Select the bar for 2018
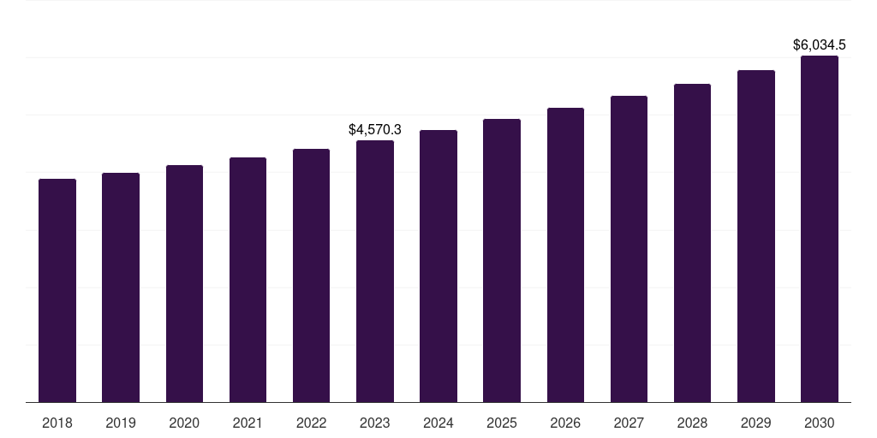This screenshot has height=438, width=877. click(57, 291)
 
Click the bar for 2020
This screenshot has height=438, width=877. click(184, 284)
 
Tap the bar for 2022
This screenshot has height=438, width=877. click(311, 275)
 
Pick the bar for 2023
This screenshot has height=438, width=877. click(375, 271)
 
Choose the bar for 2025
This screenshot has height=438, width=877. click(502, 261)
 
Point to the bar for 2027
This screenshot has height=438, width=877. click(629, 249)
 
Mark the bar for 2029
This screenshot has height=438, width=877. click(756, 236)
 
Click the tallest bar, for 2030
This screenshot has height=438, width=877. click(820, 229)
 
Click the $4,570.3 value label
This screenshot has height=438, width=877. click(375, 130)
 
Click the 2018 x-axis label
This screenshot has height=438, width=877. click(57, 423)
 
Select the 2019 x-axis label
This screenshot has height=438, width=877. click(121, 423)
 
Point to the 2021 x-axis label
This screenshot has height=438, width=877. click(248, 423)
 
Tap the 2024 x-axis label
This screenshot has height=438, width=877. click(438, 423)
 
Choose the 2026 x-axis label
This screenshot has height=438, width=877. click(565, 423)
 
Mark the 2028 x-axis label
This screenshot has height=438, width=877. click(692, 423)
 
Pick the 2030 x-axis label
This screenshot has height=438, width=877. click(820, 423)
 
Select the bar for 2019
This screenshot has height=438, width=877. click(121, 287)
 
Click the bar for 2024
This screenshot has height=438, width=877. click(438, 266)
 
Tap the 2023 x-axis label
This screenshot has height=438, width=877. click(375, 423)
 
